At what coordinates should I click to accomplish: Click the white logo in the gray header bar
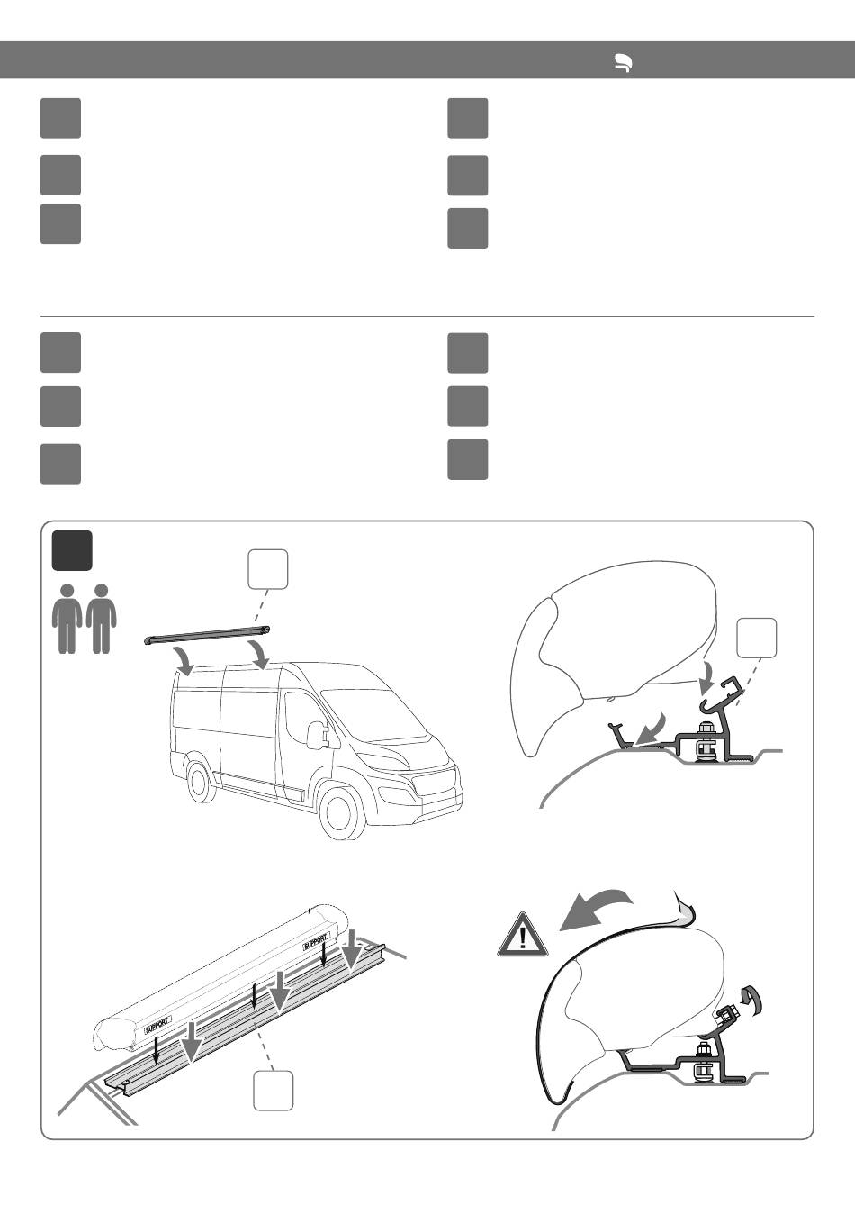tap(624, 63)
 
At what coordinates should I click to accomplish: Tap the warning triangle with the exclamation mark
tap(523, 934)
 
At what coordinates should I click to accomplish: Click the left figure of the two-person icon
tap(67, 619)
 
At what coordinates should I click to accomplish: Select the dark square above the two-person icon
tap(72, 550)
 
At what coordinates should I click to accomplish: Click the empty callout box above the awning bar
tap(268, 569)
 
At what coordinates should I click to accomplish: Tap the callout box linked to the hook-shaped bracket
tap(757, 638)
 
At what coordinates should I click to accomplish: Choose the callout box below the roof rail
tap(274, 1091)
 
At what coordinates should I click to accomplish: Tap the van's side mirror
tap(314, 736)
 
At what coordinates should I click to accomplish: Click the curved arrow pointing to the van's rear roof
tap(187, 661)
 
